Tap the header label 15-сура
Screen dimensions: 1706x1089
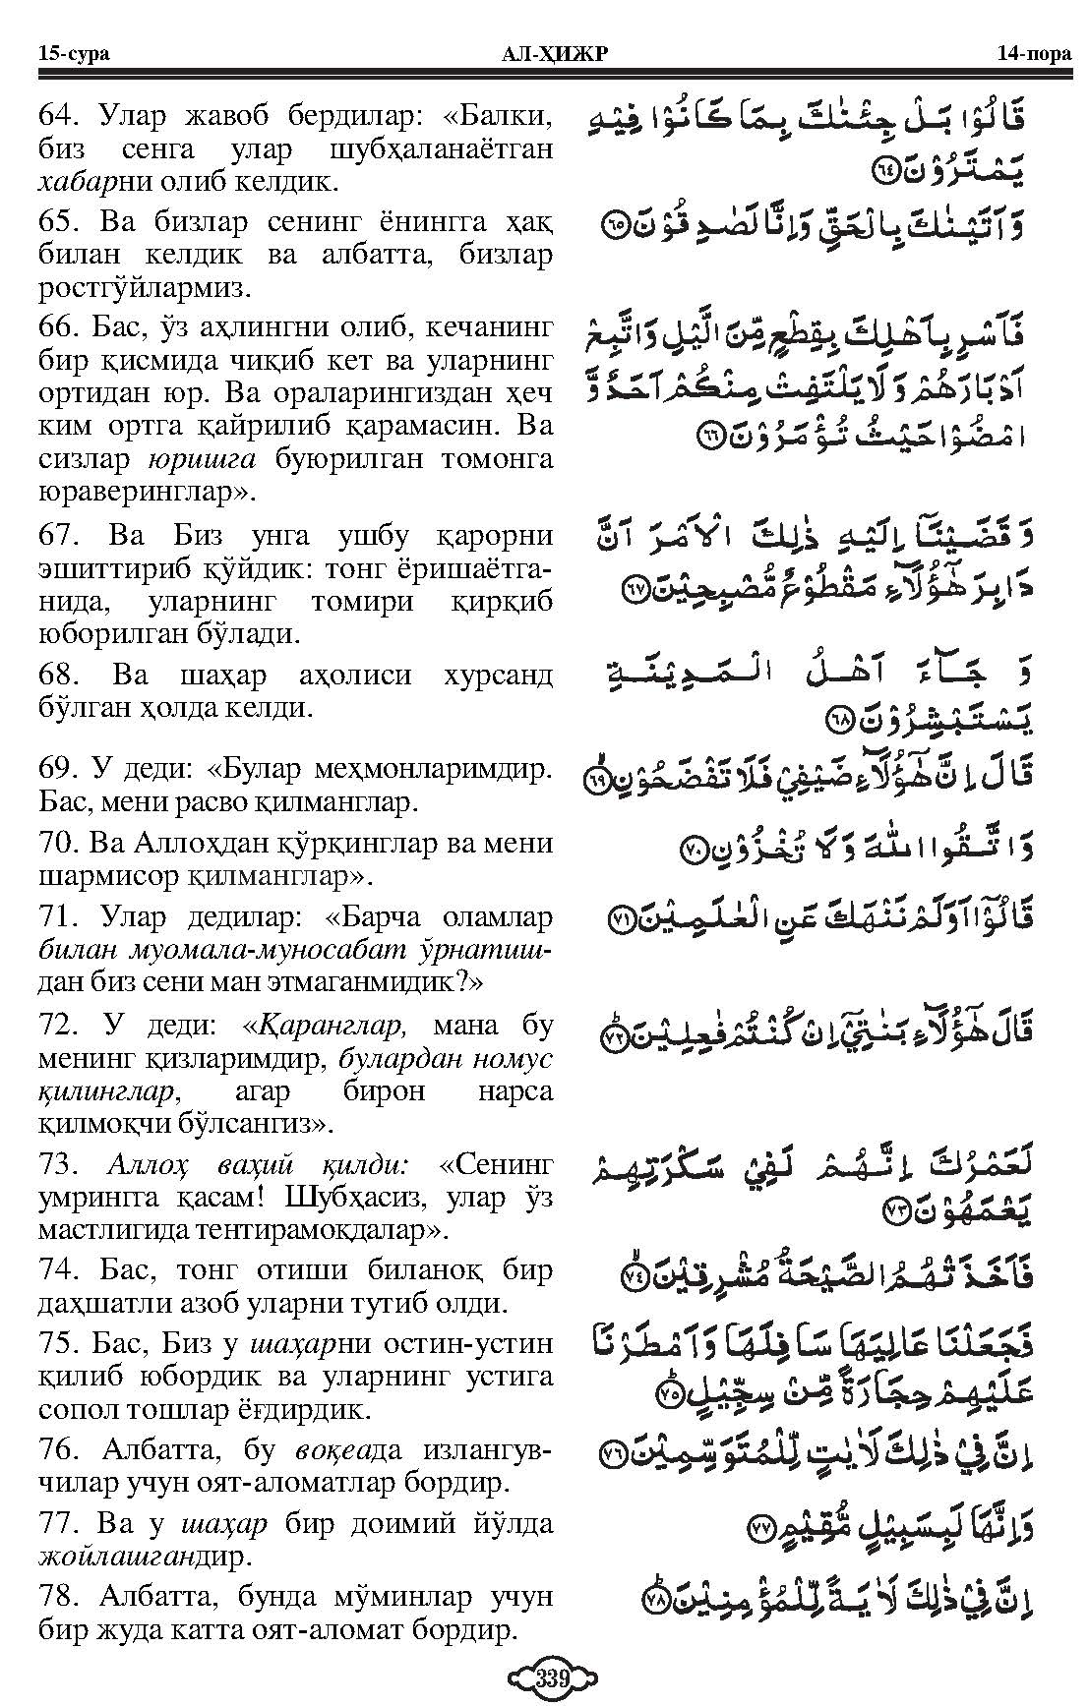[x=74, y=53]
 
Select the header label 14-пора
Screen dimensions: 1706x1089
[x=1030, y=53]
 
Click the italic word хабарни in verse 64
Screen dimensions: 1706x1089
[x=88, y=183]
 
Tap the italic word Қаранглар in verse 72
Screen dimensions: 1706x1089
[x=331, y=1025]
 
